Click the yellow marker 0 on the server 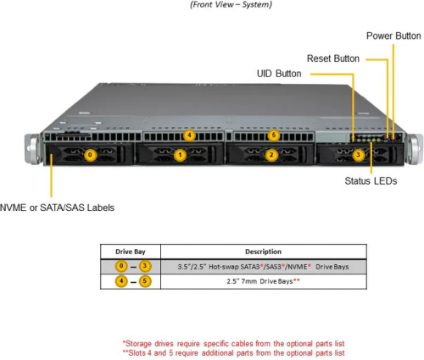click(90, 155)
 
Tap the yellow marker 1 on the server click(180, 155)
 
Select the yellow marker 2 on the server click(271, 155)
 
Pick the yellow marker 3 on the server click(358, 155)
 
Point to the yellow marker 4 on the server click(189, 136)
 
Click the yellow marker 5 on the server click(273, 136)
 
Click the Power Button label click(393, 36)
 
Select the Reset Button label click(333, 58)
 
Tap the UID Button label click(279, 74)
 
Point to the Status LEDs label click(371, 180)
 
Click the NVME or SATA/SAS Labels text click(57, 208)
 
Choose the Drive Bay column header click(131, 252)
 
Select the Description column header click(263, 252)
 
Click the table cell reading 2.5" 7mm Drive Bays click(263, 281)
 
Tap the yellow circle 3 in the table click(145, 266)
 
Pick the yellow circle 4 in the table click(121, 281)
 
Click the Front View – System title click(231, 4)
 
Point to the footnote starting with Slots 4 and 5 click(233, 353)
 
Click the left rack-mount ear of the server click(33, 149)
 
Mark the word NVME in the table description click(298, 267)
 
